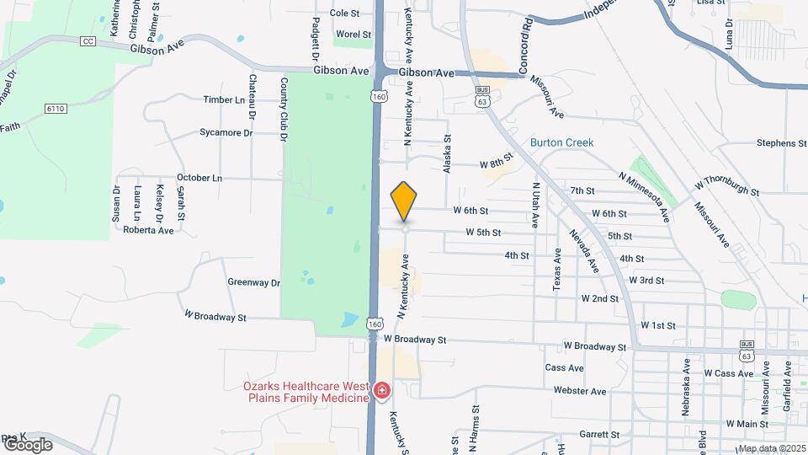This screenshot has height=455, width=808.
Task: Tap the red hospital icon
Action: (x=381, y=390)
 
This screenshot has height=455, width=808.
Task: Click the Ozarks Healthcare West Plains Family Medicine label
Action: (x=306, y=392)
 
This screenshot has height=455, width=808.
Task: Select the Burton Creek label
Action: (x=561, y=142)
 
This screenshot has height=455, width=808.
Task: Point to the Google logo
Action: (x=27, y=444)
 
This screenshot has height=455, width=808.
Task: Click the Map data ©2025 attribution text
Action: (x=770, y=448)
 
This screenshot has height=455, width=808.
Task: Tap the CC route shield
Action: (x=88, y=41)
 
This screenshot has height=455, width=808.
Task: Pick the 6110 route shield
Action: (x=56, y=109)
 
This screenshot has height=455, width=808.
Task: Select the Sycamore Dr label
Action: (x=226, y=132)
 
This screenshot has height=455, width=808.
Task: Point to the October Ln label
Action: (x=199, y=178)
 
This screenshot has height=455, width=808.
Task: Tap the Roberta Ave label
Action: (x=148, y=229)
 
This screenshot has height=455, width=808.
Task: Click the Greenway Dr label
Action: (x=252, y=282)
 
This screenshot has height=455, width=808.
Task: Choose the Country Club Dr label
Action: (x=284, y=109)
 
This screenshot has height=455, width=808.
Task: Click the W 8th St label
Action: (x=496, y=164)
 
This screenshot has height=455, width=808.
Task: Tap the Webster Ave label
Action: (x=580, y=391)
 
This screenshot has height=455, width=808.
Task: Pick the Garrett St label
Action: (x=599, y=435)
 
